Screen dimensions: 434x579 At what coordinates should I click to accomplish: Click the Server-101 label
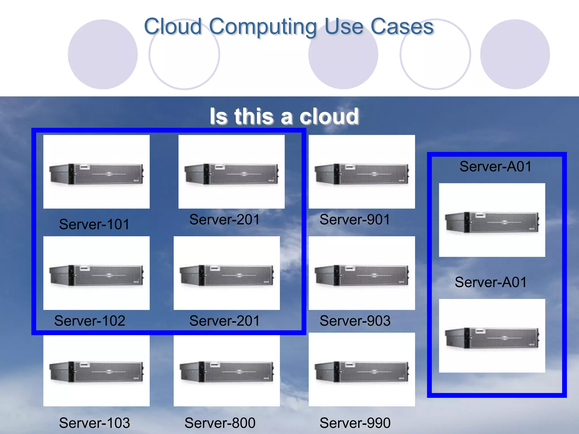click(x=94, y=224)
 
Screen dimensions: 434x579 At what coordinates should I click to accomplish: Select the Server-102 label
click(x=90, y=321)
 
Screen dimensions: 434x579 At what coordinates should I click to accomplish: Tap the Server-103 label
click(x=94, y=423)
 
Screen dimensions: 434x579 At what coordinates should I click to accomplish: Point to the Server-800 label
click(x=220, y=423)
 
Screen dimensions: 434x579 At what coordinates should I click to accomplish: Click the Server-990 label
click(x=355, y=423)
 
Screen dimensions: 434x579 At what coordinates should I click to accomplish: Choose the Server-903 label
click(x=355, y=321)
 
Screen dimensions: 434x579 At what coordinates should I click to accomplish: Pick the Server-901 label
click(x=355, y=220)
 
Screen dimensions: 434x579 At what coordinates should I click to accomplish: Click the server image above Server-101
click(x=96, y=172)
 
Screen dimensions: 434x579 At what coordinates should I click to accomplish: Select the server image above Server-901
click(x=362, y=172)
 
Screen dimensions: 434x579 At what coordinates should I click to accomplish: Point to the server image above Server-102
click(x=96, y=273)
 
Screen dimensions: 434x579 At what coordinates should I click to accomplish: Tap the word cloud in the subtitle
click(x=329, y=116)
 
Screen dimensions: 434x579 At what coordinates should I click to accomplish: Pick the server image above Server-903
click(x=362, y=273)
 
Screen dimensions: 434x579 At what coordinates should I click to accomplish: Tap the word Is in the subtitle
click(x=218, y=116)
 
